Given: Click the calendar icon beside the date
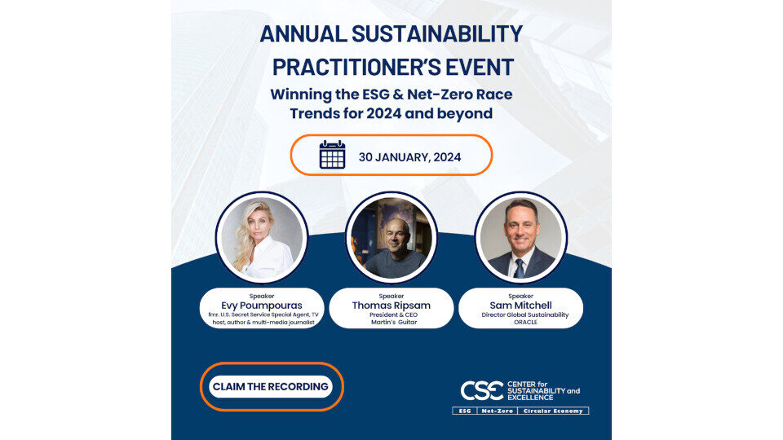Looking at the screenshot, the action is click(332, 155).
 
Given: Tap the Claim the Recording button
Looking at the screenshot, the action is click(271, 386).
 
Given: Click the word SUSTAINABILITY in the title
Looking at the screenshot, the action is click(437, 34).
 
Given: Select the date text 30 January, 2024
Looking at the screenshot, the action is click(409, 157).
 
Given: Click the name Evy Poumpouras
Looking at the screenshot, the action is click(262, 306).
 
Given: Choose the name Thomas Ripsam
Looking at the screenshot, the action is click(391, 306).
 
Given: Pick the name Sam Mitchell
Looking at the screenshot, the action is click(520, 306).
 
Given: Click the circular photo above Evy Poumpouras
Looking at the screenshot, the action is click(262, 237).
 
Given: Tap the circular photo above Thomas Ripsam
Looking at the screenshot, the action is click(391, 237).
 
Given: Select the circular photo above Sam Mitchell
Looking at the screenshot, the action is click(521, 237).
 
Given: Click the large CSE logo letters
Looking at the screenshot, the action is click(482, 390).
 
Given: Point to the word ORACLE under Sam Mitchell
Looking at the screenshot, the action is click(525, 323).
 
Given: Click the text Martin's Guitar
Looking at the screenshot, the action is click(393, 323).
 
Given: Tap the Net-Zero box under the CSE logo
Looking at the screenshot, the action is click(498, 411).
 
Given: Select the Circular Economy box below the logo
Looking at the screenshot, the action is click(553, 411).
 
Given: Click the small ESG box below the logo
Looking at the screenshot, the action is click(465, 411).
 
